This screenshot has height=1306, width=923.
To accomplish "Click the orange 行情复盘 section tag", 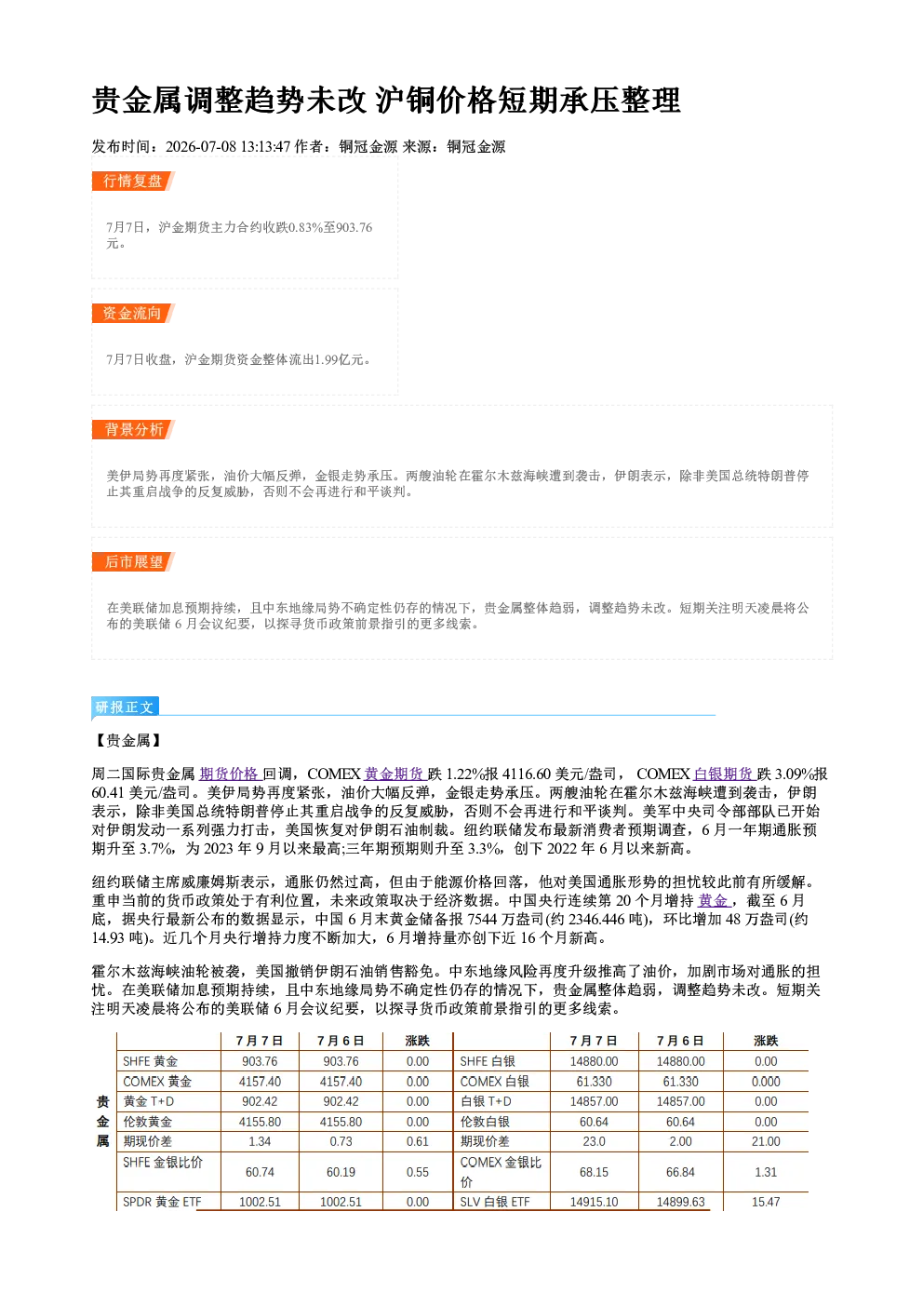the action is (x=133, y=181).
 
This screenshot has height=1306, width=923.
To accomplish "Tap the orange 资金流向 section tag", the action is (x=133, y=313).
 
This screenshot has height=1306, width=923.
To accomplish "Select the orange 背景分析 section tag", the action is (x=133, y=429).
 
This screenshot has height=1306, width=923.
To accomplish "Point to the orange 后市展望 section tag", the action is (x=133, y=561).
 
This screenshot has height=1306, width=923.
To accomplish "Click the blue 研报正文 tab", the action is (x=125, y=707).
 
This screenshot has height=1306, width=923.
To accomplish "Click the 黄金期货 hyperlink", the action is (x=395, y=774).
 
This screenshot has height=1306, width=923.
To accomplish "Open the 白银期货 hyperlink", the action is (x=724, y=774).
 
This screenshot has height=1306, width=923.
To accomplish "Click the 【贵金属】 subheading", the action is (x=128, y=740).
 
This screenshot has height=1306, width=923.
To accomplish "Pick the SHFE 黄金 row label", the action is (x=151, y=1061).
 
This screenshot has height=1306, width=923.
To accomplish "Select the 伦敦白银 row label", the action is (x=485, y=1122).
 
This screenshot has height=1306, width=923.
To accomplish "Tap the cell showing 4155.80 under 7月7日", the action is (x=260, y=1122).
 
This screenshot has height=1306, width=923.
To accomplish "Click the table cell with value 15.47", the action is (x=766, y=1202).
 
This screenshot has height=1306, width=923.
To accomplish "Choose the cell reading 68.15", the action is (x=594, y=1172).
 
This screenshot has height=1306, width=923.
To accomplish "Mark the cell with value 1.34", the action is (x=260, y=1141).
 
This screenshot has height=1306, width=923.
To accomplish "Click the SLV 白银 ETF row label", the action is (x=495, y=1202).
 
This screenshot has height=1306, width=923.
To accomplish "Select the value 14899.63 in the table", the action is (x=680, y=1202).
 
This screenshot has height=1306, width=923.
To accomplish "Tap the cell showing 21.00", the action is (x=766, y=1141).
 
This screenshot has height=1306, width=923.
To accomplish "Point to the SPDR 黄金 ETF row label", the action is (x=162, y=1202).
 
